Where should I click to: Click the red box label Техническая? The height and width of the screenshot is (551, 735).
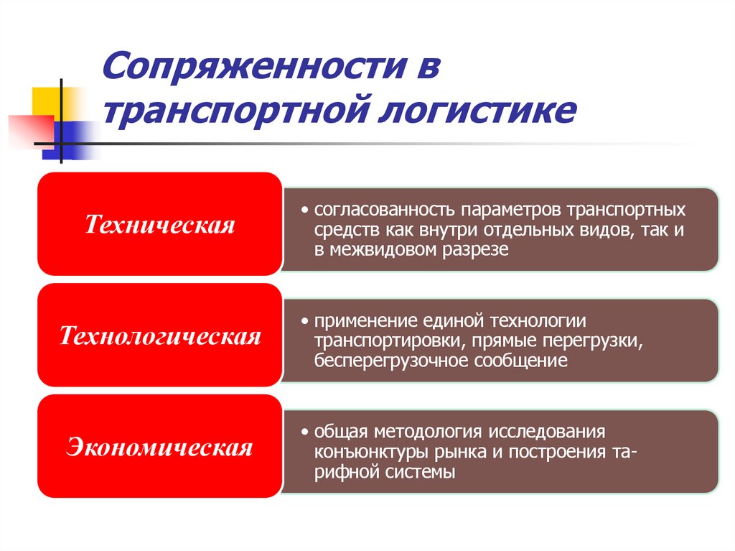(x=160, y=225)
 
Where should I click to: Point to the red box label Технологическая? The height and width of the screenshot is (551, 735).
(x=160, y=336)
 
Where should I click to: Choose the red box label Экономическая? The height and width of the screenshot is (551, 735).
(x=160, y=448)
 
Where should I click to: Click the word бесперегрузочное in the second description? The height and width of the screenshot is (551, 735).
(x=390, y=360)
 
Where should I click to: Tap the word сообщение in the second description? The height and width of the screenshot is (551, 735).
(x=520, y=360)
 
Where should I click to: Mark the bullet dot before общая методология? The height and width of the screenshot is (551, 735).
(x=305, y=432)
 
